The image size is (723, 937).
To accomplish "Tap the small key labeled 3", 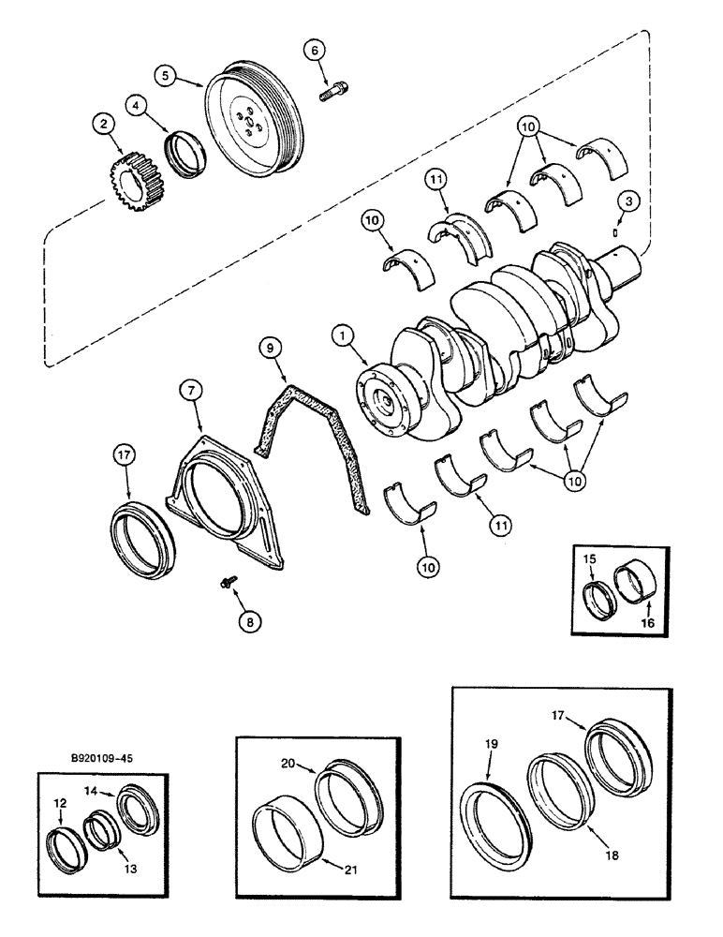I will click(615, 230).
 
